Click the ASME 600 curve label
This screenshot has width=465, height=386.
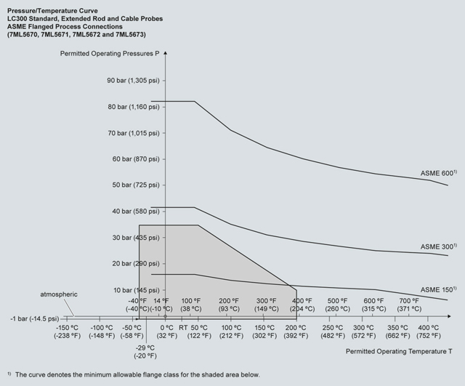438,174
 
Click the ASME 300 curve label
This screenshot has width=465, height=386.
438,247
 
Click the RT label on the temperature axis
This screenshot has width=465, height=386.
183,327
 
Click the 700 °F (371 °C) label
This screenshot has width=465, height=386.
409,304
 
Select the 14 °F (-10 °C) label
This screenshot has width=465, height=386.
161,304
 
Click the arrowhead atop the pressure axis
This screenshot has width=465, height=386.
166,54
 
